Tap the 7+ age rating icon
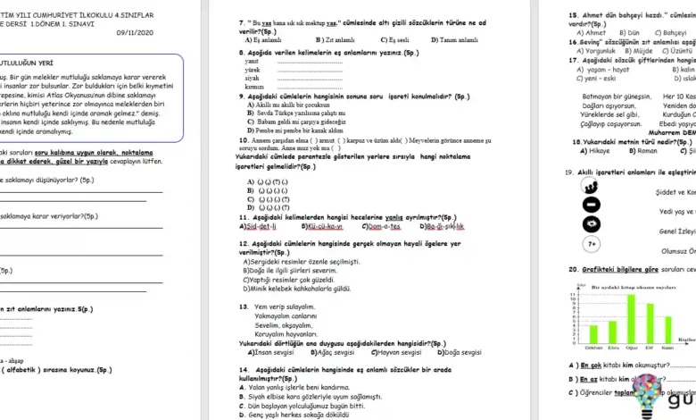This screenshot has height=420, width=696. pos(590,243)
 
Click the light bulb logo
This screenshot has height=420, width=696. pos(648,398)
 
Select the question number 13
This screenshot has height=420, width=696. pos(244,306)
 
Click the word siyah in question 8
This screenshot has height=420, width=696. pos(252,78)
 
